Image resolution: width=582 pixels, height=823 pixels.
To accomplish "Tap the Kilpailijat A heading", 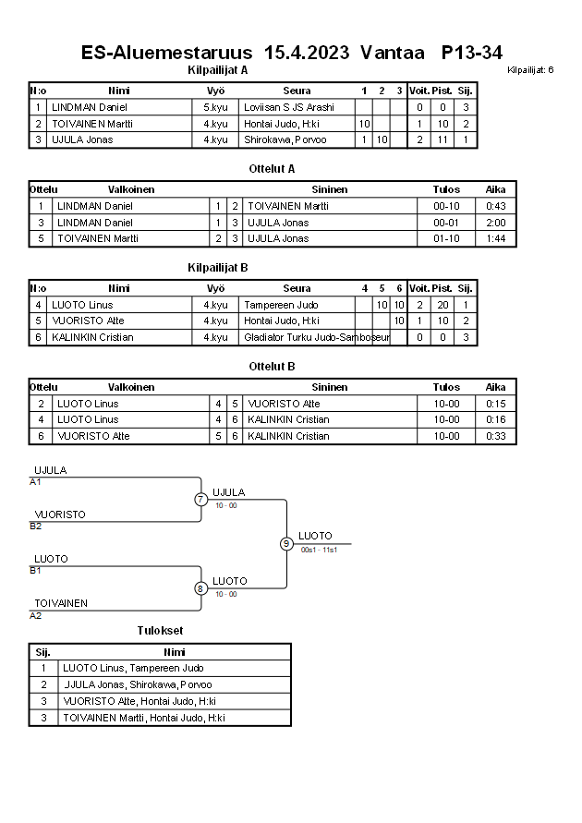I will pyautogui.click(x=217, y=69).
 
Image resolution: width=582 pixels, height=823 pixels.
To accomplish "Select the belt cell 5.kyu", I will pyautogui.click(x=215, y=107).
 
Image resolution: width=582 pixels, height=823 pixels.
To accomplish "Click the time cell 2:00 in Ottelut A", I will pyautogui.click(x=496, y=223).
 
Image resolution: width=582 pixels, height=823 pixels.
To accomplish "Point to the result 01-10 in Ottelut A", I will pyautogui.click(x=446, y=238).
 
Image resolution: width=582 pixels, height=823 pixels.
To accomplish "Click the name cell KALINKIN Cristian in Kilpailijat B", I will pyautogui.click(x=92, y=337).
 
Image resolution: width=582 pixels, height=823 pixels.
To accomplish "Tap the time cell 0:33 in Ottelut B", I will pyautogui.click(x=496, y=436).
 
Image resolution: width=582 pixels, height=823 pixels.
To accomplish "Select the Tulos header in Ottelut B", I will pyautogui.click(x=446, y=388).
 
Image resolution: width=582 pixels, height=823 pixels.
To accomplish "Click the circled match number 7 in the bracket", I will pyautogui.click(x=200, y=500).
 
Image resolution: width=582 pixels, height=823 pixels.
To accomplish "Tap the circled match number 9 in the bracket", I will pyautogui.click(x=286, y=544).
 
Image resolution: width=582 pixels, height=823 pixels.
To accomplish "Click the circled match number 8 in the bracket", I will pyautogui.click(x=200, y=588).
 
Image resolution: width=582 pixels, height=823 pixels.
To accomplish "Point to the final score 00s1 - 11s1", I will pyautogui.click(x=320, y=551).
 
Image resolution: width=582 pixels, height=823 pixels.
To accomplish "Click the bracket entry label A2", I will pyautogui.click(x=36, y=615).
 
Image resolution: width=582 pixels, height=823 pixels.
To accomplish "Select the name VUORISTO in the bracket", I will pyautogui.click(x=60, y=514).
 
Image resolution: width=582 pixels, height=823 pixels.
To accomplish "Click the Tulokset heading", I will pyautogui.click(x=160, y=631).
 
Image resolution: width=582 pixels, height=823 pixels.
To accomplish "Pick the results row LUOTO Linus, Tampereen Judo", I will pyautogui.click(x=133, y=668).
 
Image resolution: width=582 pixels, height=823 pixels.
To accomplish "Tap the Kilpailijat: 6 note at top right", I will pyautogui.click(x=530, y=70).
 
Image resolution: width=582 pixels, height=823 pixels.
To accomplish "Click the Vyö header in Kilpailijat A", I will pyautogui.click(x=215, y=91).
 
